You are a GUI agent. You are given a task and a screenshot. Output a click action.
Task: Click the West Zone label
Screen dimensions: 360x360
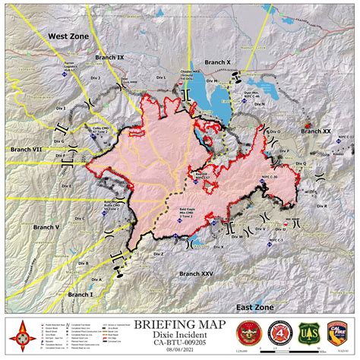(68, 36)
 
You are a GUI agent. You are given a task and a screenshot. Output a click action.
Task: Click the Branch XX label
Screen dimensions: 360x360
(316, 131)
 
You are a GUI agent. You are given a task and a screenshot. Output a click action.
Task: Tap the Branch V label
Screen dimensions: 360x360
(46, 226)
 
